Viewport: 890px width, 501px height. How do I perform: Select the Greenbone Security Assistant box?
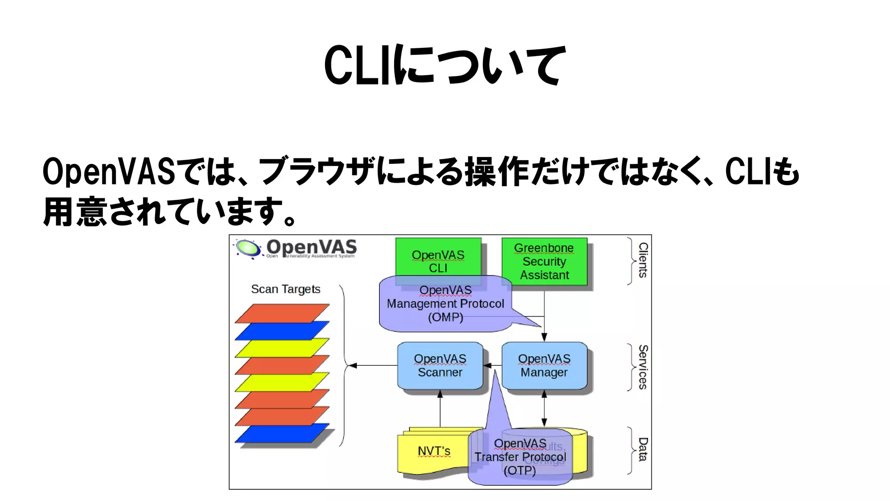point(544,261)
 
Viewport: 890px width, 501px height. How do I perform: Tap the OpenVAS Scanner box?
point(440,365)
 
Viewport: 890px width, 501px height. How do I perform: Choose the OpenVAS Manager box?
point(544,365)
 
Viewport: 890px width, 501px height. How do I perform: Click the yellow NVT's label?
point(433,451)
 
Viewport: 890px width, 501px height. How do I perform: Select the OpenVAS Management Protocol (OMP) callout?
point(445,304)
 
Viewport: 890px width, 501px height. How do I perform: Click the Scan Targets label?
point(286,289)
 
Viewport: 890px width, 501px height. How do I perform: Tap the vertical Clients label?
point(643,260)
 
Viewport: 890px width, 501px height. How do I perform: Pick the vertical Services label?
point(643,367)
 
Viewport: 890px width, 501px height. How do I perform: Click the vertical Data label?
point(643,449)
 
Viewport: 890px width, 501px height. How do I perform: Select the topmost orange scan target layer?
point(282,313)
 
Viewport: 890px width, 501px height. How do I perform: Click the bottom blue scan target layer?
point(282,433)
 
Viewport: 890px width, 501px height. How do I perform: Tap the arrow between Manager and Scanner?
point(492,365)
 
